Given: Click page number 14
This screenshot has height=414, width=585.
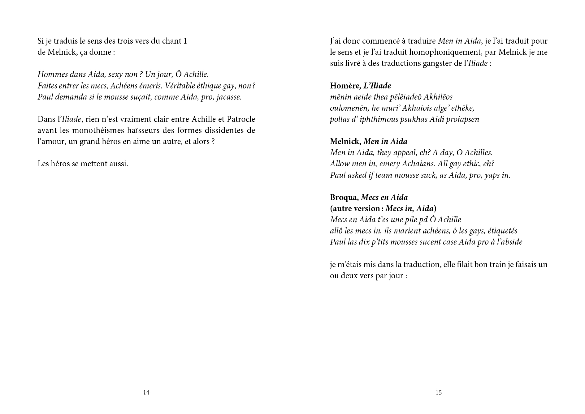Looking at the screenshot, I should pos(146,393).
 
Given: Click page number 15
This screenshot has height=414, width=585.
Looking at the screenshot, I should pos(439,393).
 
